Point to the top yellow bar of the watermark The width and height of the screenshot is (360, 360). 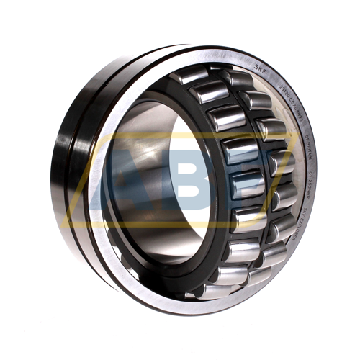pos(180,135)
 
